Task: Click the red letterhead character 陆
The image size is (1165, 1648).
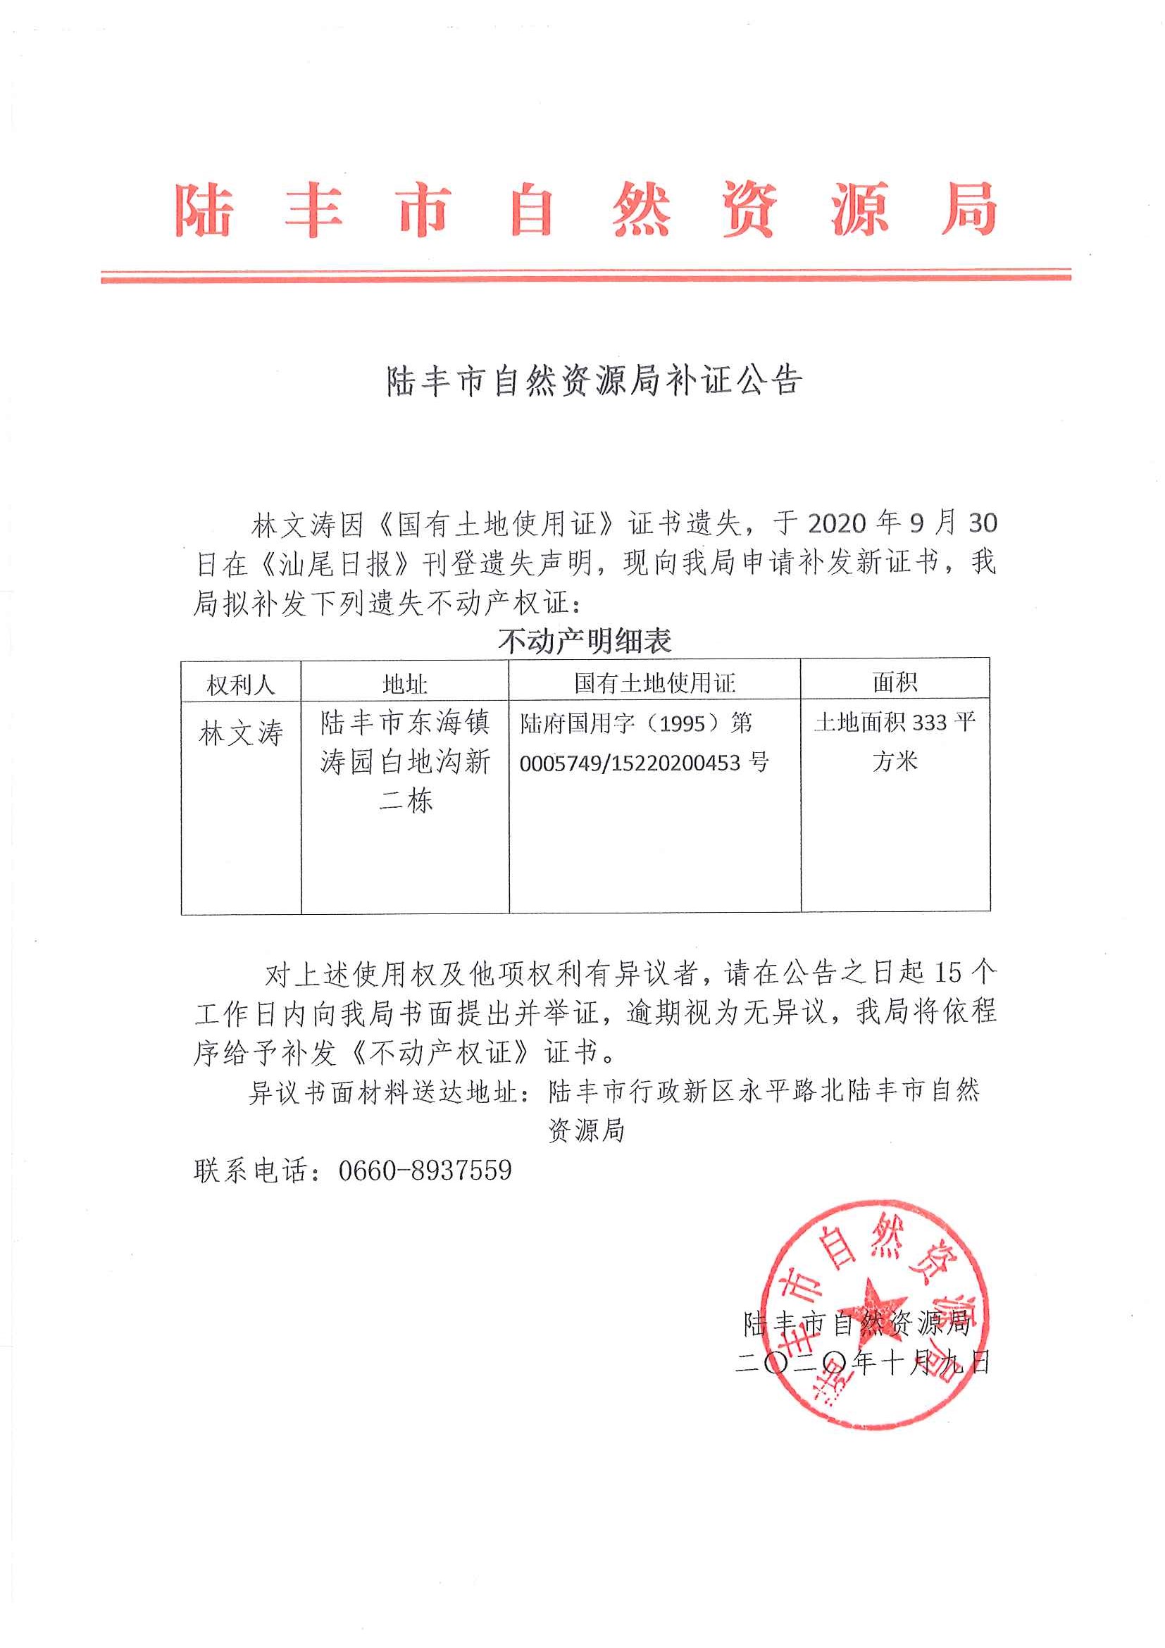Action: tap(204, 210)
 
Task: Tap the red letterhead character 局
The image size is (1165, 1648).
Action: tap(968, 210)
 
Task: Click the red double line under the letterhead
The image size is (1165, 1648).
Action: tap(585, 276)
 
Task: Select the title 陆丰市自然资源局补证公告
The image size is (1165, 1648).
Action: tap(594, 381)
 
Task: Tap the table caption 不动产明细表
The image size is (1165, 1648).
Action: tap(585, 641)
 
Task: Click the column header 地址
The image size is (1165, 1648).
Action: tap(405, 684)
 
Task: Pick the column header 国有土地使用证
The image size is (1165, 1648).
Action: tap(654, 682)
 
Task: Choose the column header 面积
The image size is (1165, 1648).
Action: tap(895, 682)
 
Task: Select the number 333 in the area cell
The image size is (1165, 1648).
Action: tap(930, 722)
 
